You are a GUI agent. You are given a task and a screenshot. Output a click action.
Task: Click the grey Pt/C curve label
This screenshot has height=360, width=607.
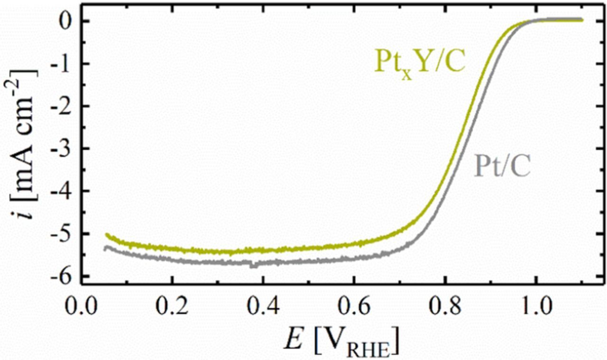pyautogui.click(x=501, y=167)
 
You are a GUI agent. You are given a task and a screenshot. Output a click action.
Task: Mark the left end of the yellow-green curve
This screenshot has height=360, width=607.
pyautogui.click(x=106, y=234)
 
